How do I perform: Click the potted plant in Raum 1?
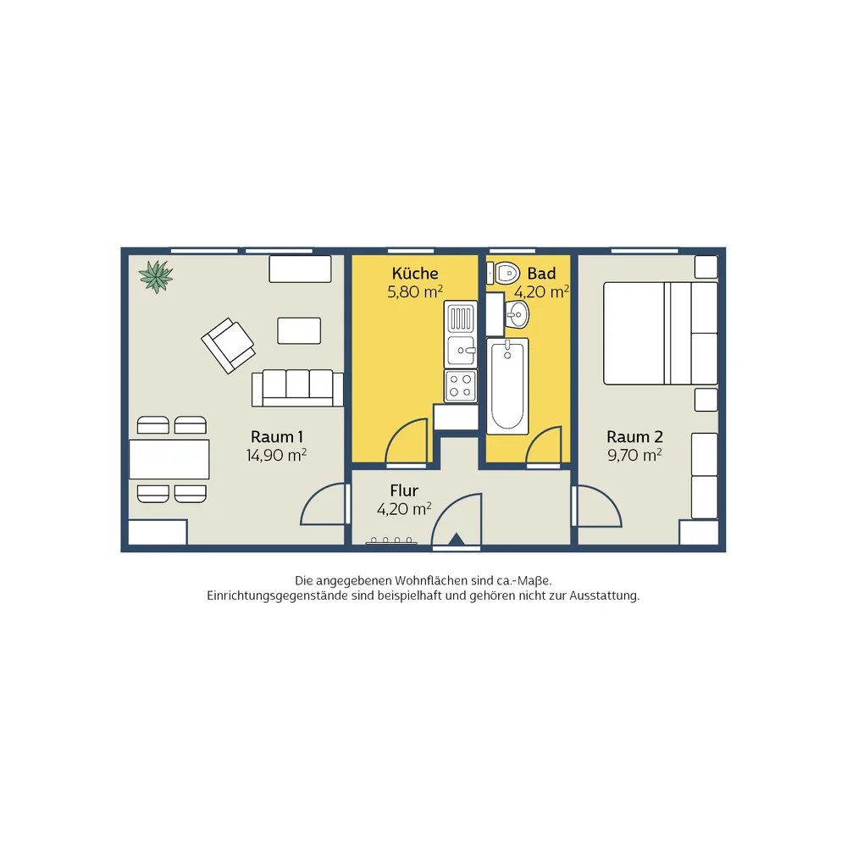(156, 277)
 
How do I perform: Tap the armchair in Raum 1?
(228, 346)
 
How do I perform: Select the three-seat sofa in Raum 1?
(297, 388)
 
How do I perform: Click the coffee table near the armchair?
(299, 330)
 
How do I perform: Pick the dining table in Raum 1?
(169, 459)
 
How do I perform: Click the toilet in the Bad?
(503, 274)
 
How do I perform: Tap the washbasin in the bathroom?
(517, 314)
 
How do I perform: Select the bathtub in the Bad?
(507, 385)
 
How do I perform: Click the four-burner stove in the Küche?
(461, 385)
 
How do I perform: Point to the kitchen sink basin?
(461, 351)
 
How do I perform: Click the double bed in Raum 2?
(661, 333)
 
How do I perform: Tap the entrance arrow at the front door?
(457, 539)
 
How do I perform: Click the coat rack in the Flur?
(391, 540)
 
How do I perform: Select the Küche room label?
(415, 274)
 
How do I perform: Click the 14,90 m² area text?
(277, 456)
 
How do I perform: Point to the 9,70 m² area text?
(634, 456)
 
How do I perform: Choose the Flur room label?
(404, 490)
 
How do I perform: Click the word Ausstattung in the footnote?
(604, 595)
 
